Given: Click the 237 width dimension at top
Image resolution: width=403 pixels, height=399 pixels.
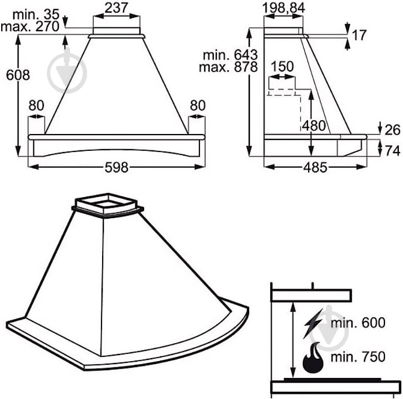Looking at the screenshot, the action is pyautogui.click(x=116, y=8).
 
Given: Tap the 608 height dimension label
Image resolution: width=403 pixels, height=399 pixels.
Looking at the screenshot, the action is pyautogui.click(x=18, y=75).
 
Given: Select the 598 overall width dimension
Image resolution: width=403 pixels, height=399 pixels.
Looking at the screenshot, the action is pyautogui.click(x=116, y=168).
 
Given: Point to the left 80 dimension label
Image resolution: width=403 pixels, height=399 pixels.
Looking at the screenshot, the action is pyautogui.click(x=36, y=105).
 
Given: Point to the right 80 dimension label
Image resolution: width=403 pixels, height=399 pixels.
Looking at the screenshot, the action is pyautogui.click(x=198, y=105).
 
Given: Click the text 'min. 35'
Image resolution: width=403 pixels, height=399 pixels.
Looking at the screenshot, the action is pyautogui.click(x=36, y=14).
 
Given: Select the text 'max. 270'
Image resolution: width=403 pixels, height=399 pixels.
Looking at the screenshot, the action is pyautogui.click(x=30, y=26).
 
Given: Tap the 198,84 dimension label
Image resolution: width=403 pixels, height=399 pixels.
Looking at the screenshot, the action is pyautogui.click(x=283, y=8).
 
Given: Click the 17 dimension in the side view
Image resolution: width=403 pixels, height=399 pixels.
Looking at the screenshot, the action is pyautogui.click(x=359, y=35).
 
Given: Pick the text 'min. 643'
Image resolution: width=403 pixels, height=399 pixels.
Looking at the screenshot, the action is pyautogui.click(x=230, y=55).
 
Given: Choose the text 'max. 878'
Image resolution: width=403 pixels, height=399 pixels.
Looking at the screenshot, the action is pyautogui.click(x=228, y=67).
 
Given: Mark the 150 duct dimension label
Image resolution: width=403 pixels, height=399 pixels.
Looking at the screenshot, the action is pyautogui.click(x=282, y=66).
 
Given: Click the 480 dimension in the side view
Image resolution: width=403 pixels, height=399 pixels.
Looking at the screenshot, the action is pyautogui.click(x=314, y=126).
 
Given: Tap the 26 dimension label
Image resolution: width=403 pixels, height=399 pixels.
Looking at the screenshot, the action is pyautogui.click(x=392, y=130).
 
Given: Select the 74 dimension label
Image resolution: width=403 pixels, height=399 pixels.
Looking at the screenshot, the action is pyautogui.click(x=393, y=150).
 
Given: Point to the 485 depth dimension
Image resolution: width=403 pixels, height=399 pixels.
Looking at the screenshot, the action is pyautogui.click(x=315, y=168).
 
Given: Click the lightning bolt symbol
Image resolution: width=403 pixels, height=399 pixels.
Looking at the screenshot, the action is pyautogui.click(x=313, y=324).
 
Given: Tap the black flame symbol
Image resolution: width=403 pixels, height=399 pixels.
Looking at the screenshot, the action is pyautogui.click(x=313, y=358).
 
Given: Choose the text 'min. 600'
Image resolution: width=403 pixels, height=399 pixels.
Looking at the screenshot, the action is pyautogui.click(x=358, y=323).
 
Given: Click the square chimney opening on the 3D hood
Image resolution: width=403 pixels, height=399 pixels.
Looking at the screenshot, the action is pyautogui.click(x=108, y=204).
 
